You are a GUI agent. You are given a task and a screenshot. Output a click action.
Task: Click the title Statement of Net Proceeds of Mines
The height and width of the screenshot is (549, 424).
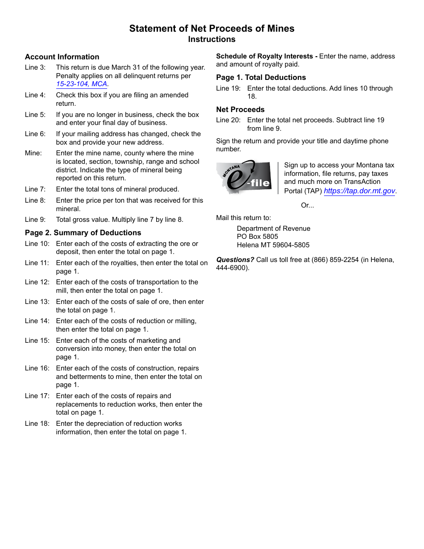click(x=212, y=29)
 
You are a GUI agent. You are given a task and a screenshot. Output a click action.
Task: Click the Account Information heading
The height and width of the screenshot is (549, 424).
click(x=62, y=57)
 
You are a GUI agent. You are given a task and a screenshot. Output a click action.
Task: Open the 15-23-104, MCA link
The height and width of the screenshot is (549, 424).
click(x=82, y=84)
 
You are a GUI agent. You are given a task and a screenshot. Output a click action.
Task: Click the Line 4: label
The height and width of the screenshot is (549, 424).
click(x=35, y=95)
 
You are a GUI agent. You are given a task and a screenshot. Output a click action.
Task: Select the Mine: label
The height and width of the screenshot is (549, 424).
click(x=33, y=153)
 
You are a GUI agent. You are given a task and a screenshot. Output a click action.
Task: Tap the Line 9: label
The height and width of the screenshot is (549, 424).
click(x=35, y=220)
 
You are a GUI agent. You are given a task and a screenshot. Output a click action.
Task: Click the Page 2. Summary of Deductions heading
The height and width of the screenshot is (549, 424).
click(x=83, y=233)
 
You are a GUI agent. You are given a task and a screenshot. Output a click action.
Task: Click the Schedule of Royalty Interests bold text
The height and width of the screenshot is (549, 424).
click(x=265, y=56)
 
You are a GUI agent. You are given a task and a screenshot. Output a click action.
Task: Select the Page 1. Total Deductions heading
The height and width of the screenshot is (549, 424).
click(x=261, y=77)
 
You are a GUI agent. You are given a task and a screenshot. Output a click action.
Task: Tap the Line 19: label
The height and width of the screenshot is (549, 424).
click(x=229, y=88)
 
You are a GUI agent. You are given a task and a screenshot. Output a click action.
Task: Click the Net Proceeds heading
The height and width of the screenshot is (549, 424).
click(x=240, y=109)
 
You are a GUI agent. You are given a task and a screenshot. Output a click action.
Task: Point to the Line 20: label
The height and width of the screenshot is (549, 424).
click(x=229, y=120)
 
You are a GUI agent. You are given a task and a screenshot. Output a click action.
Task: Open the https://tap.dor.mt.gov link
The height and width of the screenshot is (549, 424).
click(x=359, y=191)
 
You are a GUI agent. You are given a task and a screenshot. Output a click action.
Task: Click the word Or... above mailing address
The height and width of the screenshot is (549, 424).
click(x=307, y=205)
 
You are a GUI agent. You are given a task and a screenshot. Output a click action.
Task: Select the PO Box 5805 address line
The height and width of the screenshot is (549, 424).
click(x=258, y=237)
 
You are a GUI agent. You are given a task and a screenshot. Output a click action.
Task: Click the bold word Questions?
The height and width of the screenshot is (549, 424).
click(x=235, y=260)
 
